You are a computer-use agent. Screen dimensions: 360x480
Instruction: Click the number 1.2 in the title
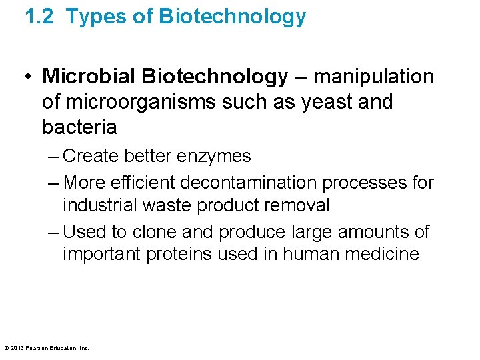point(39,17)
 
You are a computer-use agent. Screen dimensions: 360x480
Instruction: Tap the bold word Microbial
point(88,77)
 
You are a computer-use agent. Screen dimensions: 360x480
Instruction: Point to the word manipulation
point(373,77)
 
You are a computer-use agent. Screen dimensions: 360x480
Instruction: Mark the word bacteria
point(79,127)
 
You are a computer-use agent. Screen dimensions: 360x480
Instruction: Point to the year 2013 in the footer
point(17,348)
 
